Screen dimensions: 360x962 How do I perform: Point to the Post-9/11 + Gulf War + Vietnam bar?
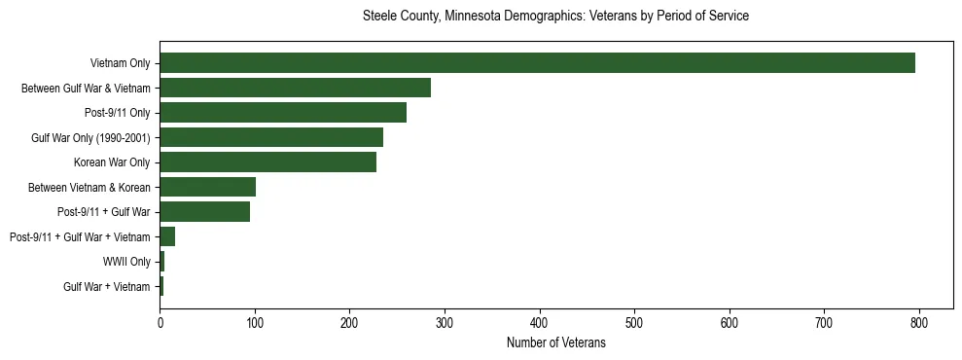pos(167,236)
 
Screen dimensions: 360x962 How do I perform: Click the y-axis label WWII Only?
pos(126,262)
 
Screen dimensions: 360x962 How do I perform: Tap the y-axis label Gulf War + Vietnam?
pos(107,287)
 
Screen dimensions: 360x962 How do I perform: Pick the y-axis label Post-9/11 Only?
pos(118,113)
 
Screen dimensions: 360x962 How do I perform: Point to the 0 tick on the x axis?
pos(160,324)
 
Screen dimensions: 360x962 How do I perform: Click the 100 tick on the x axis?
pos(255,324)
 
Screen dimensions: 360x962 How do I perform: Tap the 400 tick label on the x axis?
pos(540,324)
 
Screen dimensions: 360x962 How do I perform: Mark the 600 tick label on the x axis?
pos(730,324)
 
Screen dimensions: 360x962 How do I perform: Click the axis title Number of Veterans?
pos(555,343)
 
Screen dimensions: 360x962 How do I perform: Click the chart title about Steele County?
pos(555,17)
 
